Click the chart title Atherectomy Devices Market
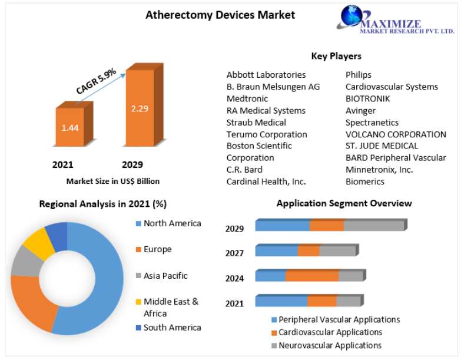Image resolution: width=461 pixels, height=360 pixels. (220, 15)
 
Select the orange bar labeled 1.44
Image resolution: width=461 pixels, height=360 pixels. (70, 127)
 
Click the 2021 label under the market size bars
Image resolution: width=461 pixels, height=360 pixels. (63, 164)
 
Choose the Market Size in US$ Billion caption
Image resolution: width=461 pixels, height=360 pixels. (113, 181)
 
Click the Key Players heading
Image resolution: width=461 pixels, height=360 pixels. (336, 56)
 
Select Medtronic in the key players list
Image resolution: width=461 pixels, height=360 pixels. (247, 98)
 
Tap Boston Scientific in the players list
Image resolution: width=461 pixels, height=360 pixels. (259, 146)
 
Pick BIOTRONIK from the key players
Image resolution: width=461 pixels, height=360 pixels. (367, 98)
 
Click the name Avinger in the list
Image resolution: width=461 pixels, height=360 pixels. (360, 110)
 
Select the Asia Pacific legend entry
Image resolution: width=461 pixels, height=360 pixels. (165, 275)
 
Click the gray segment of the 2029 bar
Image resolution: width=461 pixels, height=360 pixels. (373, 225)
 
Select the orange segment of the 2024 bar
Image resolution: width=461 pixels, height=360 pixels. (312, 276)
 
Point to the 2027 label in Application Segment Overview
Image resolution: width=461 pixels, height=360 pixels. (234, 253)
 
